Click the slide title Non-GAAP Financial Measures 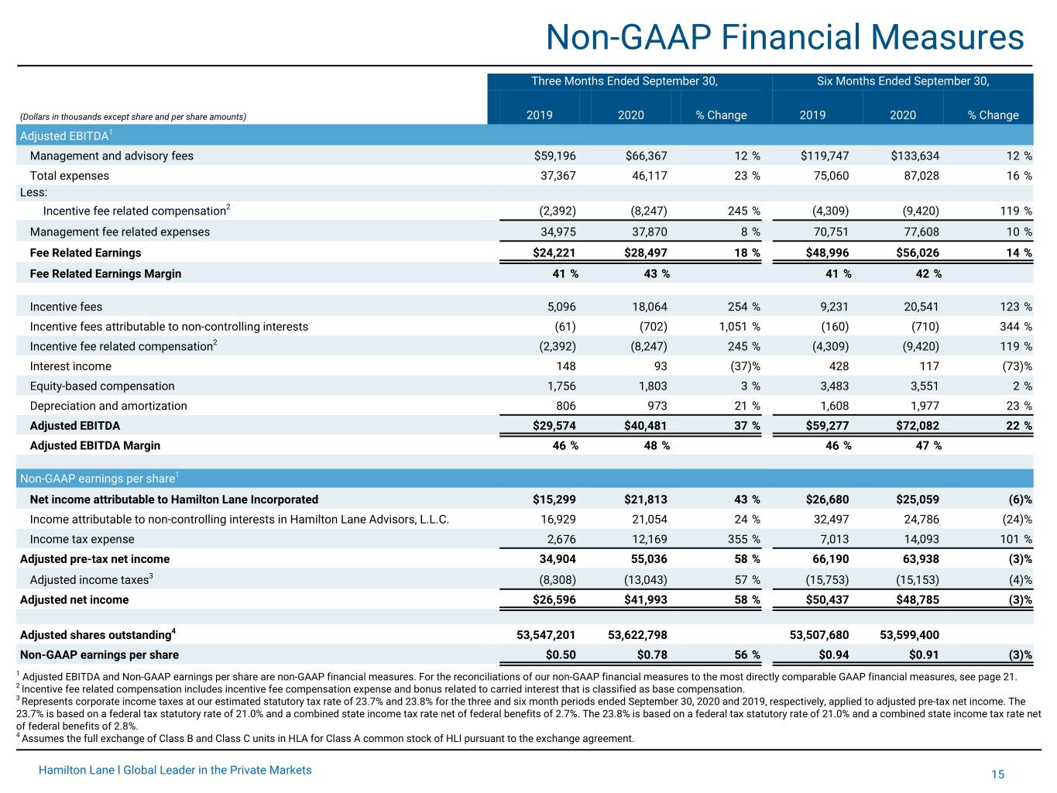(x=784, y=37)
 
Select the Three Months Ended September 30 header (x=625, y=81)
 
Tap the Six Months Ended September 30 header (x=903, y=81)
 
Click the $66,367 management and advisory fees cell (x=647, y=156)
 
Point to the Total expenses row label (x=70, y=176)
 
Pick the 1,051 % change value (x=740, y=327)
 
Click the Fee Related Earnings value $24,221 (x=554, y=252)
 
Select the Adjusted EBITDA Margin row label (x=95, y=446)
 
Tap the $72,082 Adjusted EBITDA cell (x=918, y=426)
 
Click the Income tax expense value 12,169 (x=650, y=539)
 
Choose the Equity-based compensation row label (x=102, y=386)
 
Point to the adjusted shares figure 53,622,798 (x=637, y=635)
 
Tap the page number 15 (x=997, y=774)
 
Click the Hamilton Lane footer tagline (x=175, y=770)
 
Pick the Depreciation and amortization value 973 (x=657, y=406)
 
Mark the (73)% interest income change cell (x=1017, y=366)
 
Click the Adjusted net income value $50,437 (x=827, y=600)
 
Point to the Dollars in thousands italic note (x=133, y=117)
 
